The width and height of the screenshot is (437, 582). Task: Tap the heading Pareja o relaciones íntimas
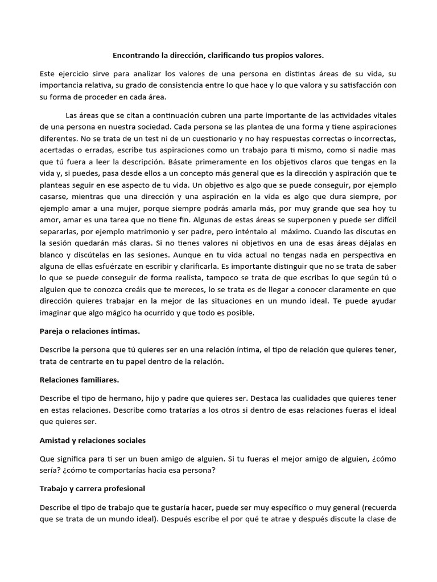coord(90,330)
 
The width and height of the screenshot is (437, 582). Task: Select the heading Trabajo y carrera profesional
coord(93,488)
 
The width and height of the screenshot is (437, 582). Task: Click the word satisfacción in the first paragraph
coord(370,84)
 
